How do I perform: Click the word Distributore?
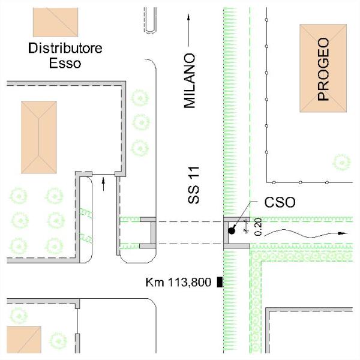[x=65, y=48]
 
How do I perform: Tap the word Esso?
[x=65, y=63]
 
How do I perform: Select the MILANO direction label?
[x=190, y=81]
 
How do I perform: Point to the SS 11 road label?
[x=193, y=185]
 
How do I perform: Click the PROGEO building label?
[x=323, y=69]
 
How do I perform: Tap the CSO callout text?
[x=280, y=202]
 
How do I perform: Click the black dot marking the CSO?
[x=232, y=231]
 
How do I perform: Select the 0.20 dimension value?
[x=258, y=227]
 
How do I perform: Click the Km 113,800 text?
[x=178, y=282]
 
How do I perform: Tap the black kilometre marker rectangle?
[x=220, y=282]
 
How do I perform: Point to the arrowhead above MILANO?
[x=188, y=17]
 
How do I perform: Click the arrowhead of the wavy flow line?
[x=343, y=233]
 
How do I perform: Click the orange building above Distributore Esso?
[x=55, y=22]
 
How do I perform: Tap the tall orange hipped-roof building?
[x=39, y=137]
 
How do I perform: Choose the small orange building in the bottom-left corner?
[x=24, y=340]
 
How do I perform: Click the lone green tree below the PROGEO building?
[x=341, y=163]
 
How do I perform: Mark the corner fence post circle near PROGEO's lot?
[x=274, y=182]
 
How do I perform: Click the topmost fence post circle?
[x=266, y=20]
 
